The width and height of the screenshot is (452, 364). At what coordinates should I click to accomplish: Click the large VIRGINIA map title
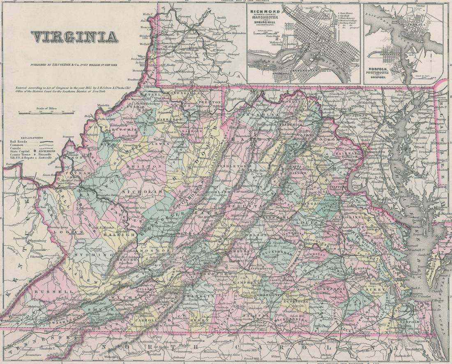tap(74, 38)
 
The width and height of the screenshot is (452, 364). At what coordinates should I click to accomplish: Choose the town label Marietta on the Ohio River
tap(103, 105)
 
